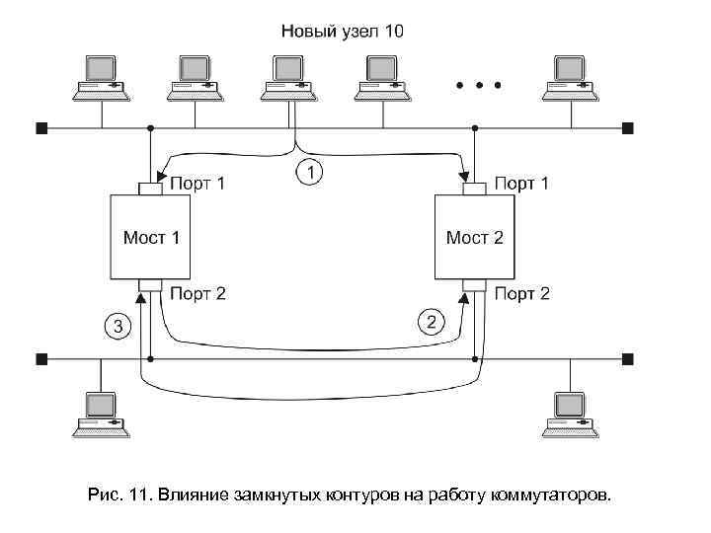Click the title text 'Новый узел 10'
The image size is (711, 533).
pyautogui.click(x=342, y=31)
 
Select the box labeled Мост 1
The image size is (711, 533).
pyautogui.click(x=150, y=237)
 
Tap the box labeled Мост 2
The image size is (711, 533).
pyautogui.click(x=475, y=237)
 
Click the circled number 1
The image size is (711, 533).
pyautogui.click(x=309, y=173)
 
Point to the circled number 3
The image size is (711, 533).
pyautogui.click(x=117, y=327)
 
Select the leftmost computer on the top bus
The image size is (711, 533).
pyautogui.click(x=102, y=76)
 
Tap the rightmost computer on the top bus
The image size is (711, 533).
pyautogui.click(x=571, y=76)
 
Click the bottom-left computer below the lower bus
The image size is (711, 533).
pyautogui.click(x=102, y=413)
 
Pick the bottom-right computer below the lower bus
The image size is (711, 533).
pyautogui.click(x=571, y=413)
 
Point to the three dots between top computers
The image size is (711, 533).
pyautogui.click(x=478, y=84)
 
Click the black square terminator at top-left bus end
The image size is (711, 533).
pyautogui.click(x=40, y=127)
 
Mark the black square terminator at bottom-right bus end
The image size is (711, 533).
pyautogui.click(x=627, y=357)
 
